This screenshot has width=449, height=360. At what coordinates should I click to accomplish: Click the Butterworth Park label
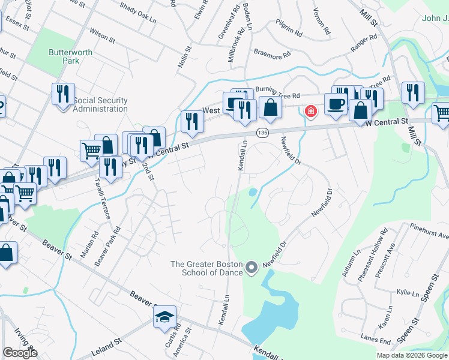click(71, 56)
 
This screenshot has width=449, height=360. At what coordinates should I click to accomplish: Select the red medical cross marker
click(311, 110)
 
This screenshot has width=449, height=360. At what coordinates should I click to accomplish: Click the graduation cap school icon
click(164, 317)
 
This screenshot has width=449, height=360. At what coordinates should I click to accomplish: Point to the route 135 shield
click(262, 131)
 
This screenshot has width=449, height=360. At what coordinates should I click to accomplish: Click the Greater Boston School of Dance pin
click(252, 268)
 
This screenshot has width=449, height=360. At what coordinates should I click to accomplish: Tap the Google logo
click(20, 353)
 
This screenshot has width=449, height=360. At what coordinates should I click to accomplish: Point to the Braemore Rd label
click(272, 54)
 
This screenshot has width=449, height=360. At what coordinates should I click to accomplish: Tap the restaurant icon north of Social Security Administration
click(63, 93)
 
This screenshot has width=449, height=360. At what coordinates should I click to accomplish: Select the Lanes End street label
click(377, 340)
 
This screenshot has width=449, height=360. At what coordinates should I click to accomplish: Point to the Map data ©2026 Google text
click(412, 355)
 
